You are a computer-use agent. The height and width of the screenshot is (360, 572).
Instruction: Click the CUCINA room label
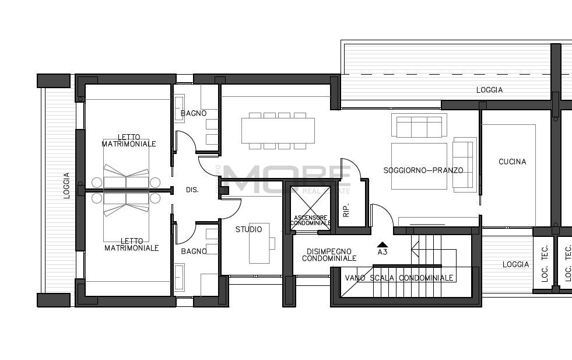(512, 162)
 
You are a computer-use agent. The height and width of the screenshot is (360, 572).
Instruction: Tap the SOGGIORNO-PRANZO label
(423, 170)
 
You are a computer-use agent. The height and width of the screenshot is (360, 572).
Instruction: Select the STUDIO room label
(248, 229)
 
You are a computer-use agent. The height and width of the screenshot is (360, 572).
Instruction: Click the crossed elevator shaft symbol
(310, 208)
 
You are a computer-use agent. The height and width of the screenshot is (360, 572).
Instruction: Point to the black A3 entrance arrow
(382, 244)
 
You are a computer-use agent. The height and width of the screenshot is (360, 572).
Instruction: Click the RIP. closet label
(346, 210)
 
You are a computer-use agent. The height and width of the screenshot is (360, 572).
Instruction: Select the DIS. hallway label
(192, 190)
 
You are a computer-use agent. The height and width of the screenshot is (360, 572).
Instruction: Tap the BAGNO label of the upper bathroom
(194, 113)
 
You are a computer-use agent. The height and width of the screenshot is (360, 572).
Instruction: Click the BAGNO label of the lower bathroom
(194, 251)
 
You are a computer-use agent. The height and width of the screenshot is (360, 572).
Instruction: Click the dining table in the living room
(278, 131)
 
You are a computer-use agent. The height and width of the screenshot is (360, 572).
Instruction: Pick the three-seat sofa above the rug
(419, 125)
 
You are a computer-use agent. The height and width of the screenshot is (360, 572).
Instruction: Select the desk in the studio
(259, 243)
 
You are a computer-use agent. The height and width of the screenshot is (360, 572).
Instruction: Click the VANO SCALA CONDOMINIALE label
(399, 278)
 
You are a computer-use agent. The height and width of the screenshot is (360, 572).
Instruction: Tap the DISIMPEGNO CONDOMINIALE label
(329, 255)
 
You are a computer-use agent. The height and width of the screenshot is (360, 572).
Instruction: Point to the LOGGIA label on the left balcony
(66, 186)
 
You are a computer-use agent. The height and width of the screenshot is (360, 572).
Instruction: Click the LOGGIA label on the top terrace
(490, 90)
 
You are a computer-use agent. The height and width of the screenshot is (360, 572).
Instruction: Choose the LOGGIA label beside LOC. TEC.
(515, 264)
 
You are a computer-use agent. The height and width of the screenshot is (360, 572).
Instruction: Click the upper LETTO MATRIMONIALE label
(129, 141)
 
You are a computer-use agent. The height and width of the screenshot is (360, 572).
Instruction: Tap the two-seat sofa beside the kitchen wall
(464, 165)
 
